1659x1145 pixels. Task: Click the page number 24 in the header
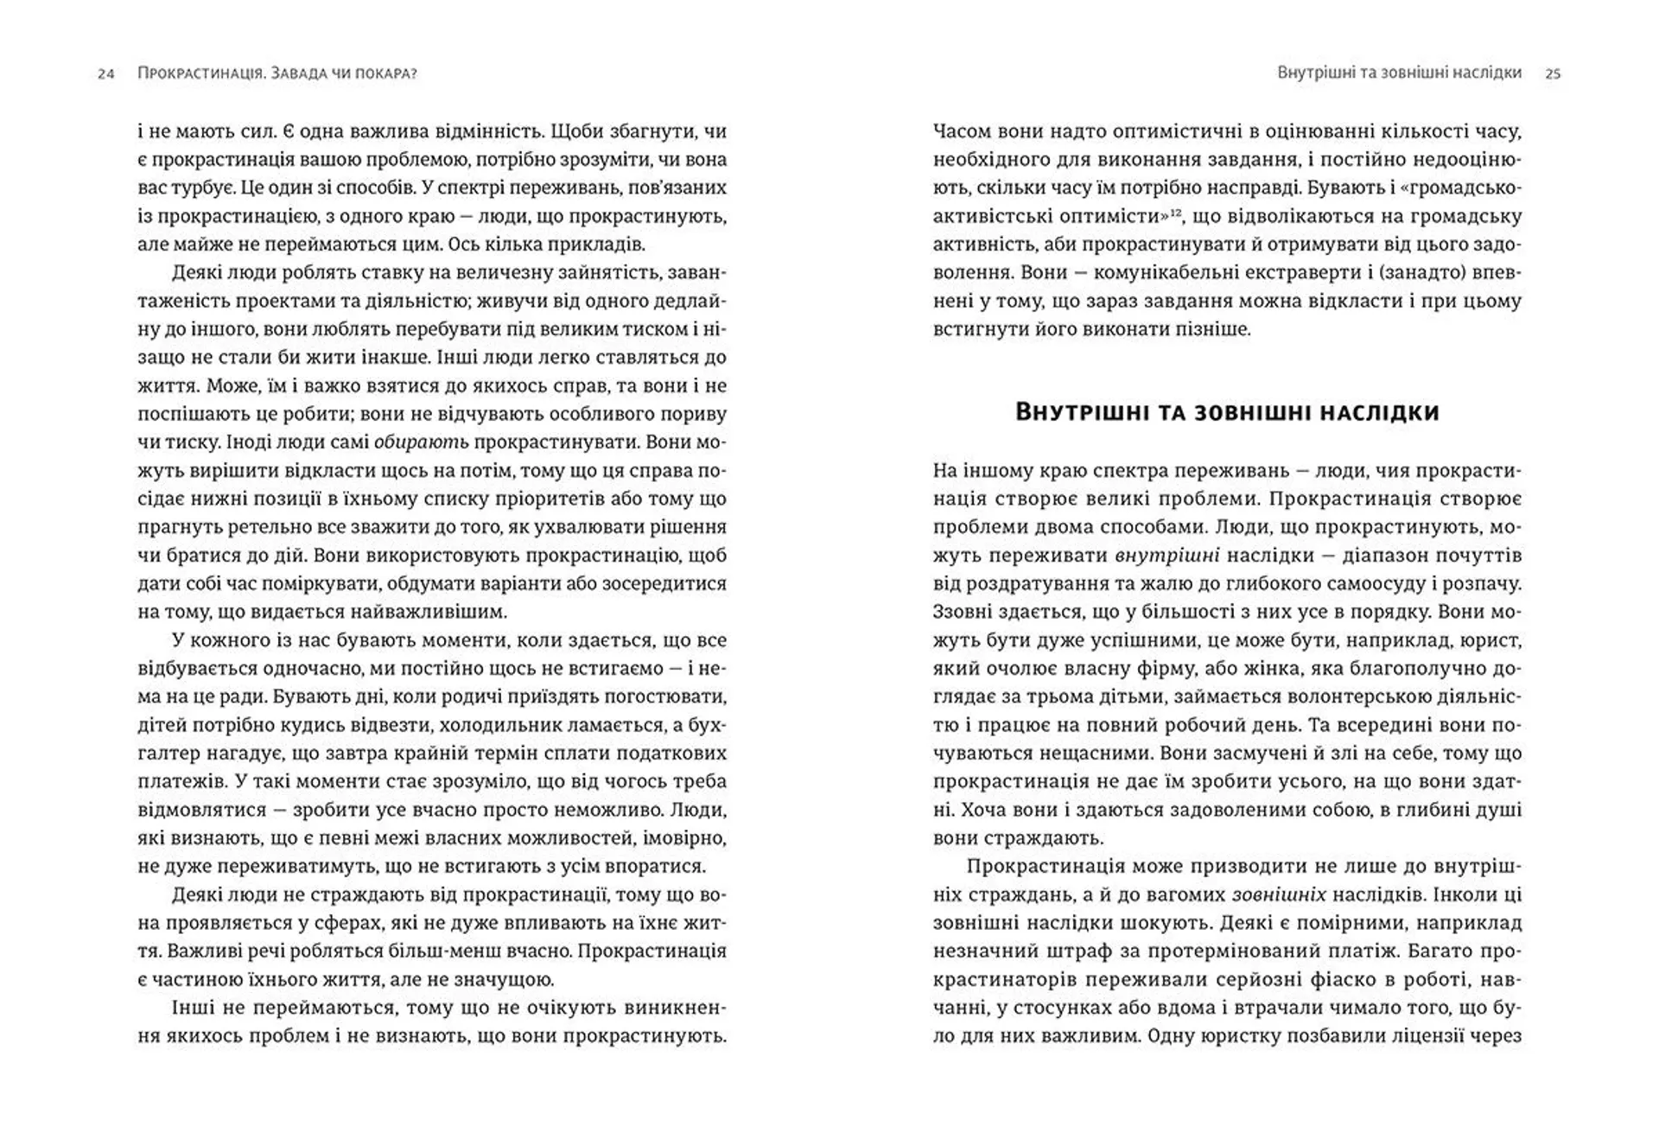pyautogui.click(x=105, y=74)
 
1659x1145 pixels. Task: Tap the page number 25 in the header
pyautogui.click(x=1553, y=74)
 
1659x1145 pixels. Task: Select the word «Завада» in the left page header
pyautogui.click(x=299, y=73)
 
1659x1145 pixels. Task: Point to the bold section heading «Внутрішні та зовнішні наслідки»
pyautogui.click(x=1227, y=412)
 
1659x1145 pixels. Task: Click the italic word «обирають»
pyautogui.click(x=421, y=442)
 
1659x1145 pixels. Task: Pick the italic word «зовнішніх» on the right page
pyautogui.click(x=1279, y=895)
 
